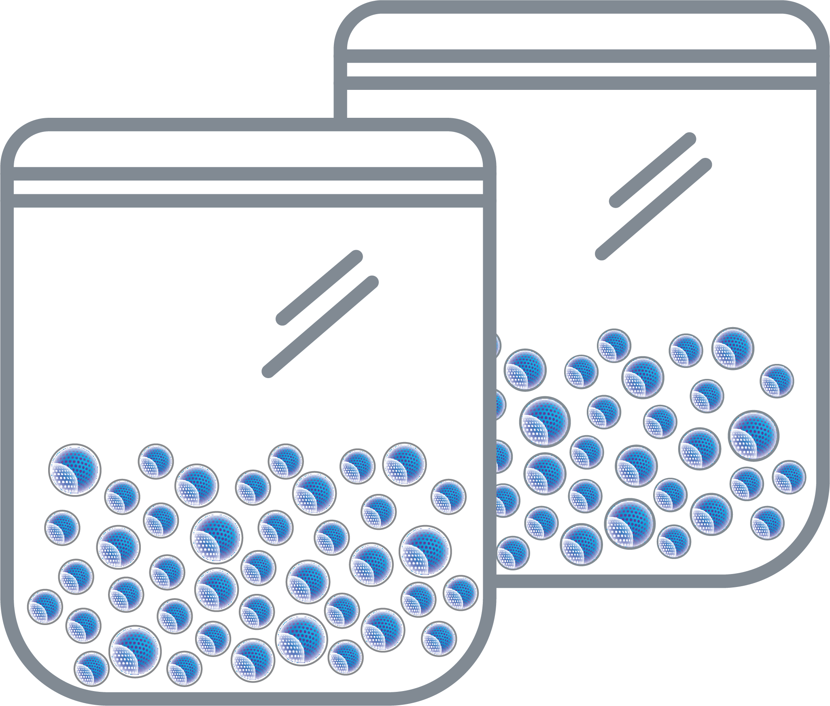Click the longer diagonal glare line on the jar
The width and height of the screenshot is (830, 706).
[320, 326]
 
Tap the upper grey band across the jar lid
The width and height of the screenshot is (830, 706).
[248, 173]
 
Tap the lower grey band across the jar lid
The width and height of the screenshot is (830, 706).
[248, 200]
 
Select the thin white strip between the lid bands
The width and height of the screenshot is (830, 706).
[248, 187]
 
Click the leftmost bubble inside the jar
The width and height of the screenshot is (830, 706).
[45, 606]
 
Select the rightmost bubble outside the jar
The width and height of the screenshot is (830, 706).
[789, 477]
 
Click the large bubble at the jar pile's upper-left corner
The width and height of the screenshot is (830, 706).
[74, 470]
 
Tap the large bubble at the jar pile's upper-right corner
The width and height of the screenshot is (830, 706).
[404, 464]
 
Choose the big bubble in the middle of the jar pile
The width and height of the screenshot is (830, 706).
[217, 537]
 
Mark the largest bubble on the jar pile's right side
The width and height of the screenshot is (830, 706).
[425, 551]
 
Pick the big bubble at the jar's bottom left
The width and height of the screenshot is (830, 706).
[135, 651]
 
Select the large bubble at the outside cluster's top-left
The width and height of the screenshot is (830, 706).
[525, 370]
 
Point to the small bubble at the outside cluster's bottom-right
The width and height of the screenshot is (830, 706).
[767, 523]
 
